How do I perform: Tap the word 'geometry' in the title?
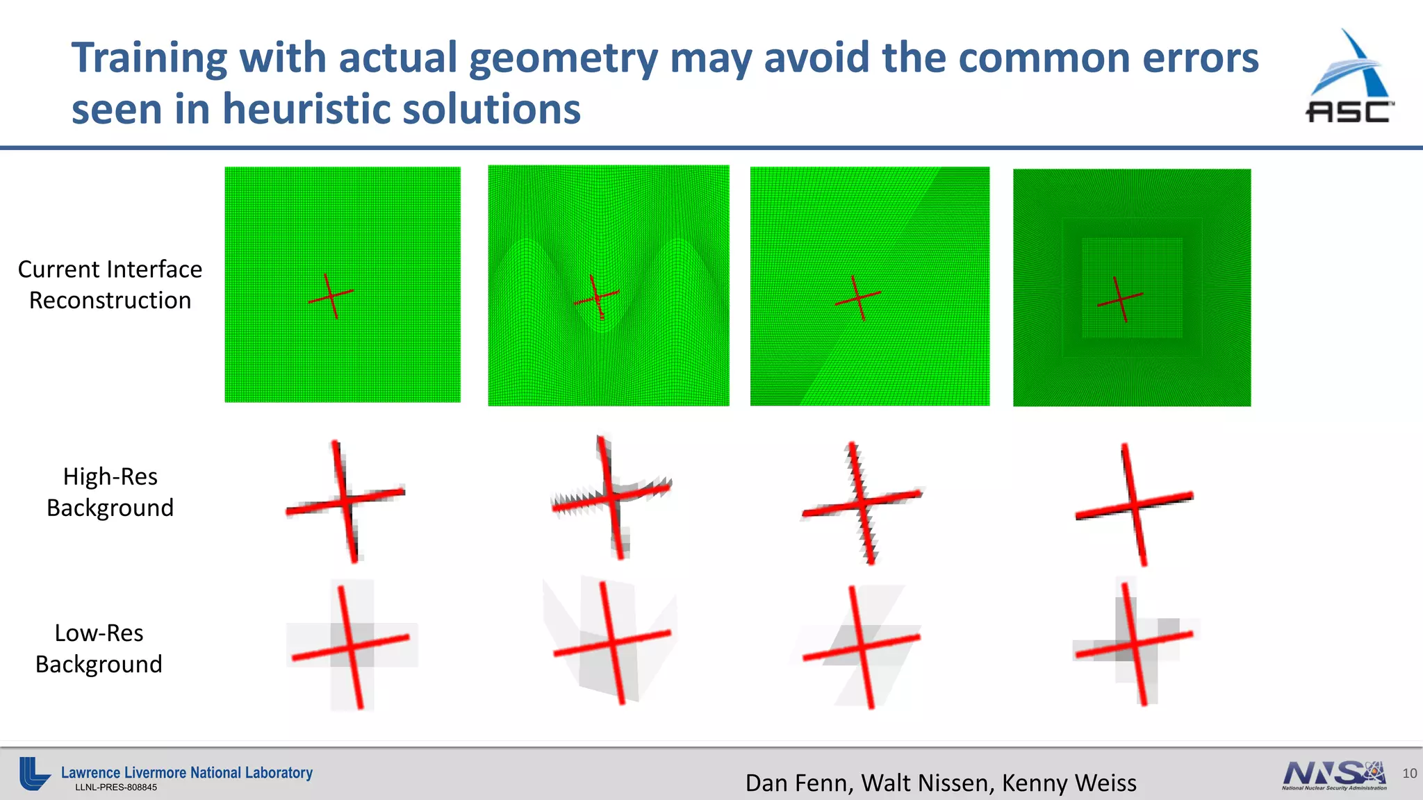point(563,58)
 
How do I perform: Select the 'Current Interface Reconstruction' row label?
point(110,285)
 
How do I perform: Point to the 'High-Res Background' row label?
point(110,492)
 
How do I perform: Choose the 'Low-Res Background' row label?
point(99,649)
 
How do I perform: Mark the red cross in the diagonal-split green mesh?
point(858,298)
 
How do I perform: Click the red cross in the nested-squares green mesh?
point(1119,299)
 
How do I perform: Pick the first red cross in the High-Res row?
point(345,501)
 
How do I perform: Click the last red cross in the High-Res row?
point(1134,505)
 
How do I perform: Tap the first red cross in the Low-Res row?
point(351,647)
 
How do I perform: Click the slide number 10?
point(1409,774)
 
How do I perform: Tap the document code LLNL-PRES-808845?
point(116,787)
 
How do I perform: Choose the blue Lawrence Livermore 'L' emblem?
point(33,773)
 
